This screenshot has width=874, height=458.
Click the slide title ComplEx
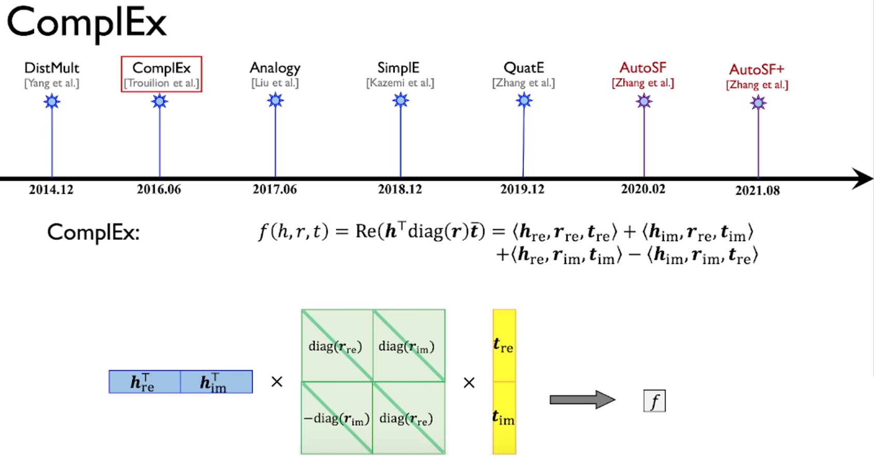[87, 23]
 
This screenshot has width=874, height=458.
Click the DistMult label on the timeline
[52, 68]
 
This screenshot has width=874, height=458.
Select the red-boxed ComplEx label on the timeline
[161, 68]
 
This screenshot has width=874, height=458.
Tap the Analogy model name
[275, 68]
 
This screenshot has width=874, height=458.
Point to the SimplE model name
[398, 68]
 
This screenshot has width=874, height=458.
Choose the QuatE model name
[524, 68]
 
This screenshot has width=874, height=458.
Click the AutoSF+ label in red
[756, 69]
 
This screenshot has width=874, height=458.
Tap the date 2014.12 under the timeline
[51, 189]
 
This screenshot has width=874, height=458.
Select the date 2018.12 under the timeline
[400, 189]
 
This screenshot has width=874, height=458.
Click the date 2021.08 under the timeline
[757, 190]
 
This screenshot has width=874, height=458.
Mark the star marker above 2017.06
[275, 100]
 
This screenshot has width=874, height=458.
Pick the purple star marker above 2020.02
[644, 101]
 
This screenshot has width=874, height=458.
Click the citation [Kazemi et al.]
[400, 83]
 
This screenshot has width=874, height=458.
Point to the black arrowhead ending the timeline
[863, 179]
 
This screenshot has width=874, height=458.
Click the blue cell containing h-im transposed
[216, 382]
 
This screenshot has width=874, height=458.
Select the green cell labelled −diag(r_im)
[337, 418]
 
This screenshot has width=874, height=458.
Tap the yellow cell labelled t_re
[504, 345]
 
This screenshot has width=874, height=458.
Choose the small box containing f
[654, 401]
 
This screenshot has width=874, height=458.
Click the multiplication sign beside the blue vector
[277, 382]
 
